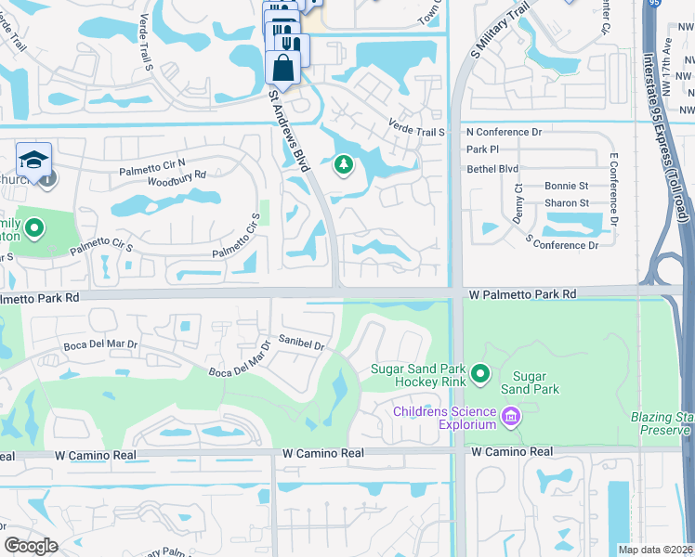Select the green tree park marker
(344, 165)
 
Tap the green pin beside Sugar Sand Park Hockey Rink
(480, 374)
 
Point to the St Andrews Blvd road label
(287, 129)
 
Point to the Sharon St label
(567, 202)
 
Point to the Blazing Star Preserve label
(661, 423)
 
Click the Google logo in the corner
(31, 546)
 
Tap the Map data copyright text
(655, 550)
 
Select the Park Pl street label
(483, 149)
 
